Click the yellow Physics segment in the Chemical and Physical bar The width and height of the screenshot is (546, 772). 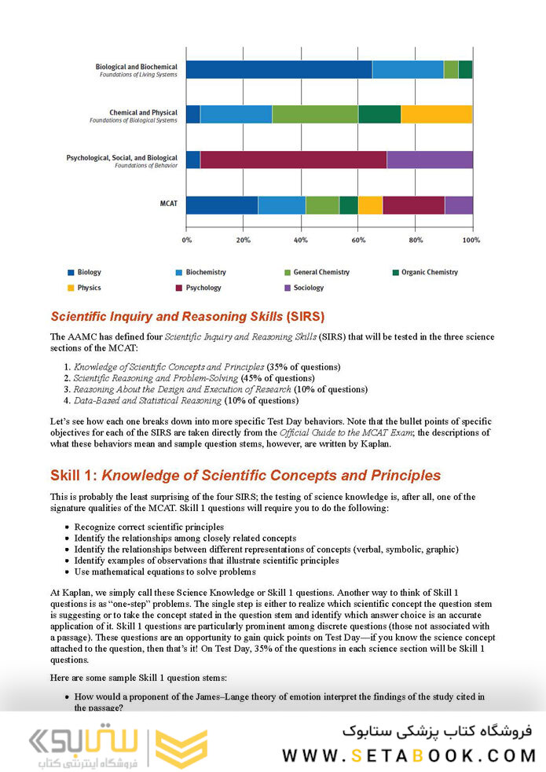pos(436,114)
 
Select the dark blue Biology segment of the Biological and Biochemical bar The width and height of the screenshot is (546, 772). pos(279,69)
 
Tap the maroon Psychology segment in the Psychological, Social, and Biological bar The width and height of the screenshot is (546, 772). pos(293,160)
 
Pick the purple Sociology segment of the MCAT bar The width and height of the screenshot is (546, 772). pos(458,205)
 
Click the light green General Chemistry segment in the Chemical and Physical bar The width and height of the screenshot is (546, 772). pos(314,114)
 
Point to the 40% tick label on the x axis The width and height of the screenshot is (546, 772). pos(301,239)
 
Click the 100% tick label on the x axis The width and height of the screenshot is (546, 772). pos(471,239)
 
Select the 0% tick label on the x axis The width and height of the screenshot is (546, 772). pos(187,239)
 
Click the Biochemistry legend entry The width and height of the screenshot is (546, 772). pos(205,272)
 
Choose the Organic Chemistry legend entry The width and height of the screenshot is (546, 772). pos(429,272)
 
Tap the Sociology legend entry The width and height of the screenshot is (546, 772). pos(308,288)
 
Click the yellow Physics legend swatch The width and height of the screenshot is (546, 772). pos(71,288)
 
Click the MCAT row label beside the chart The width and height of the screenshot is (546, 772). pos(169,204)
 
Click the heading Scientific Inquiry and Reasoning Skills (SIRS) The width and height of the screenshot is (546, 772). pos(187,317)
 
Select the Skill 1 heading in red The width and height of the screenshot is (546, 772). pos(245,476)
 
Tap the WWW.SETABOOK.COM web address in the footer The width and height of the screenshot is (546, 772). pos(409,755)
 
